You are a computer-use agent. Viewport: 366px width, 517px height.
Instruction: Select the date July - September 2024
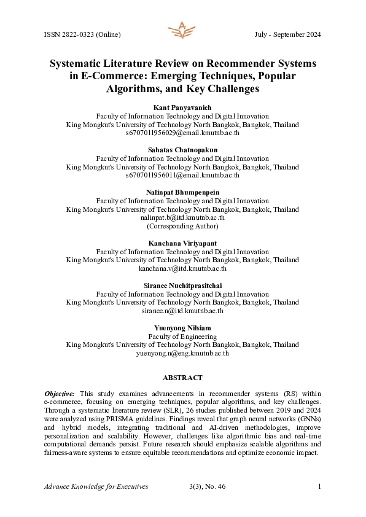click(287, 34)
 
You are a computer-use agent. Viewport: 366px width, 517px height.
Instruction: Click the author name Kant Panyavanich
click(182, 107)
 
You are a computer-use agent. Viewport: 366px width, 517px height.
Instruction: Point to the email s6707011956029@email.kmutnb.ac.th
click(182, 132)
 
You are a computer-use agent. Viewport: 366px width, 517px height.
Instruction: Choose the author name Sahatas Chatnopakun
click(182, 150)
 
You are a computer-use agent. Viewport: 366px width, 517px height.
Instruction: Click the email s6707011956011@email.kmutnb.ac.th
click(182, 175)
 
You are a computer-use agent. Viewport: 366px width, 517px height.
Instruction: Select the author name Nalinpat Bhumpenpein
click(182, 193)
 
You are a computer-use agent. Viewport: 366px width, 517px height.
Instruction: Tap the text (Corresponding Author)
click(182, 226)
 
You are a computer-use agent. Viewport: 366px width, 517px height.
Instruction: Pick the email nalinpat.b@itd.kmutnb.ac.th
click(182, 217)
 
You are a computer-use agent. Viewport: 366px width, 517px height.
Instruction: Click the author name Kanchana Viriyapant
click(182, 244)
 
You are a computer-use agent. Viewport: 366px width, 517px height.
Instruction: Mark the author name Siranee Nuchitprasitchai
click(182, 286)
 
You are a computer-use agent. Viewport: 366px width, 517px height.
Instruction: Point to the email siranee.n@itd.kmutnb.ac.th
click(182, 311)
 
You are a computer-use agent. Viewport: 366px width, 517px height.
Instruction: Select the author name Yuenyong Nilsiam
click(182, 328)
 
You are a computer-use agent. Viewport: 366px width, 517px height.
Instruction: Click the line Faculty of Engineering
click(182, 336)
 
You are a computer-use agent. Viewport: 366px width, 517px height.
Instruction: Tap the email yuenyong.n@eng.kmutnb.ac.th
click(182, 353)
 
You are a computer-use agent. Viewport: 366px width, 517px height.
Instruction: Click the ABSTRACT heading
click(182, 378)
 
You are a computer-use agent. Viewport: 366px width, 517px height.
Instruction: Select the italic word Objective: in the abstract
click(60, 392)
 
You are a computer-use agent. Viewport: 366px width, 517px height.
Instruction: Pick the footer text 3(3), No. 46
click(208, 487)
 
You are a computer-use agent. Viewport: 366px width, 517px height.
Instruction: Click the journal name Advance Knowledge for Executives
click(96, 487)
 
